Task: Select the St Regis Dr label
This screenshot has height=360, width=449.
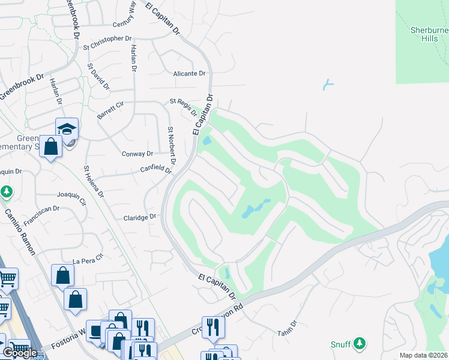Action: [x=183, y=107]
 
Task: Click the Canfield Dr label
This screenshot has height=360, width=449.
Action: [x=156, y=170]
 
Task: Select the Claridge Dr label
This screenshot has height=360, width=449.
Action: [x=140, y=217]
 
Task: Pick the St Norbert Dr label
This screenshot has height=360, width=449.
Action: [x=172, y=146]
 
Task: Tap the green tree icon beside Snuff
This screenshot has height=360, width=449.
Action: [x=360, y=343]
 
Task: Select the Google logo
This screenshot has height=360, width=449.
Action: [x=20, y=353]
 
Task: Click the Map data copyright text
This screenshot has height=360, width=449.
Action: [x=424, y=355]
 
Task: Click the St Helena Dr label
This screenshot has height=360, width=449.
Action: [x=94, y=182]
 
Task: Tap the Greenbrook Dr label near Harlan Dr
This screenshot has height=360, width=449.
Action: [x=23, y=86]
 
